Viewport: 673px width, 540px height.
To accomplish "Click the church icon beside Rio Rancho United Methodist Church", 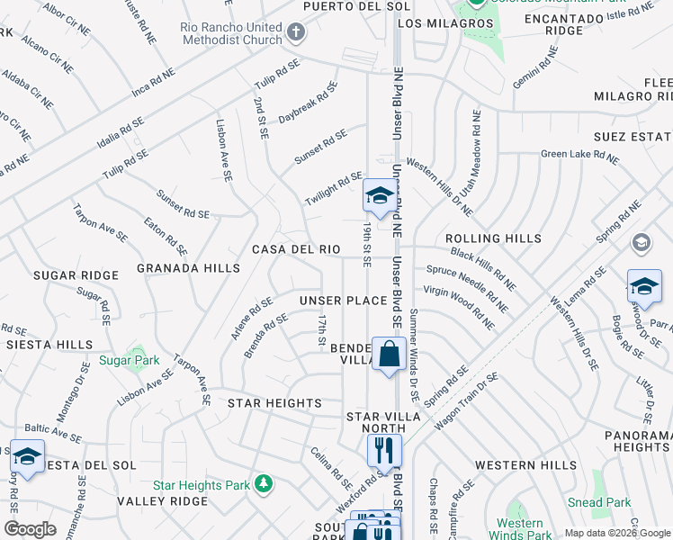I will (x=296, y=33).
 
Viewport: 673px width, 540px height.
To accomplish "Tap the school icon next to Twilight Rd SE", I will (x=379, y=195).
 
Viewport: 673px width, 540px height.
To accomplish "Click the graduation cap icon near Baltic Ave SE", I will (x=27, y=455).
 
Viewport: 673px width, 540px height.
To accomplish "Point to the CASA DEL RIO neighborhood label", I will (x=296, y=249).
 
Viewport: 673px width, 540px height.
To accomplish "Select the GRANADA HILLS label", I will (x=188, y=268).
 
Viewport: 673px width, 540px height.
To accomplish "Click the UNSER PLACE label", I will (x=343, y=300).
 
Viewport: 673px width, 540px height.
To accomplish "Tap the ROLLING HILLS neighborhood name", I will (x=493, y=238).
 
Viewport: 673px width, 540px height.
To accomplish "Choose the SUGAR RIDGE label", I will (x=76, y=275).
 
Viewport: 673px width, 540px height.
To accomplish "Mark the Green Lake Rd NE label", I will (x=579, y=156).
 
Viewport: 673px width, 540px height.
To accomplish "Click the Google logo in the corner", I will (x=31, y=529).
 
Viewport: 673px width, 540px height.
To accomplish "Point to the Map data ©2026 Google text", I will (x=616, y=533).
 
